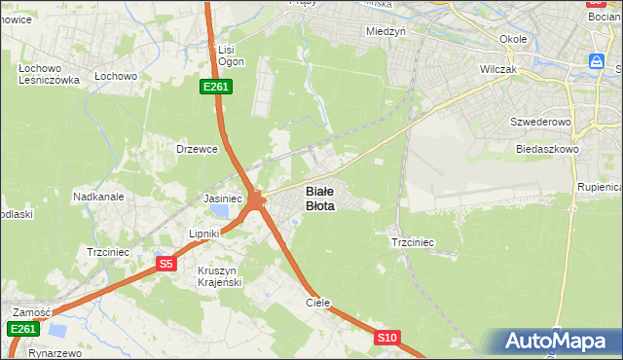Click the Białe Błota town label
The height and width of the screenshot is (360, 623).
320,198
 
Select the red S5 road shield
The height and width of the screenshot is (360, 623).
166,264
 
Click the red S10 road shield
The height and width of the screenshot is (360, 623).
387,338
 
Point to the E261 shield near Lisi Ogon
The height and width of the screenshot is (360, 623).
216,88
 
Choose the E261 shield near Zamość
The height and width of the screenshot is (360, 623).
24,330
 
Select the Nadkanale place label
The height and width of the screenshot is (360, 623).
98,197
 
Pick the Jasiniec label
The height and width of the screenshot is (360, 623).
222,198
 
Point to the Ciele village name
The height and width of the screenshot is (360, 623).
318,304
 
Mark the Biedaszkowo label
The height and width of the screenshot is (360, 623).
547,150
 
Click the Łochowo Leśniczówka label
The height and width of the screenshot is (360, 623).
48,75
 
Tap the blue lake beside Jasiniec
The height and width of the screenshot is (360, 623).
223,211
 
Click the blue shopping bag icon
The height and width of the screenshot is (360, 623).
596,61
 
